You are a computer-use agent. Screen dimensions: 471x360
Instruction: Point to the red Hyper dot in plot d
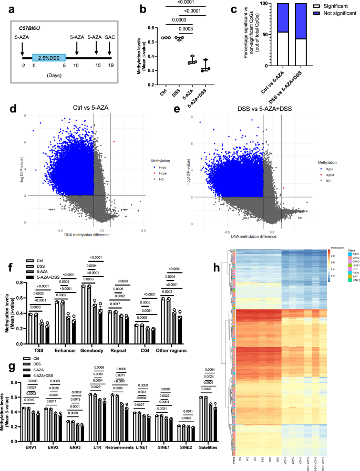tap(114, 127)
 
